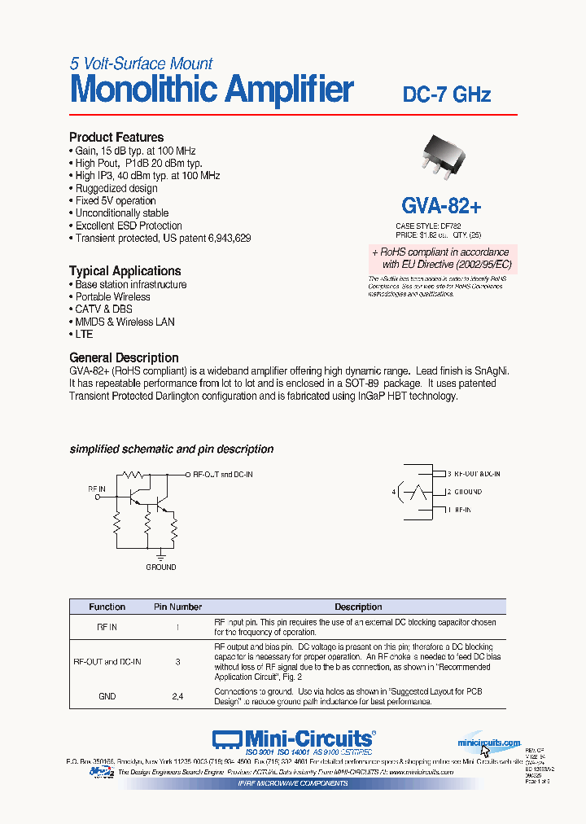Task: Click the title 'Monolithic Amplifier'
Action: coord(212,90)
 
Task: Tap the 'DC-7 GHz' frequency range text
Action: coord(447,94)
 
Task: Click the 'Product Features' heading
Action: coord(116,138)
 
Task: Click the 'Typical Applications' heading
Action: coord(125,271)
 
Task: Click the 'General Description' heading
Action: coord(124,357)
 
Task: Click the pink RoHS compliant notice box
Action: coord(444,259)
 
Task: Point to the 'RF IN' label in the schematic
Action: coord(97,489)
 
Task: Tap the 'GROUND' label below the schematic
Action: coord(160,567)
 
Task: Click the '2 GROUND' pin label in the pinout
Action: coord(463,492)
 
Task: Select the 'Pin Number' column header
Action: coord(177,607)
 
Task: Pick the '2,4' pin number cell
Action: coord(177,696)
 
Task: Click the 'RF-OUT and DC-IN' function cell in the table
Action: coord(107,662)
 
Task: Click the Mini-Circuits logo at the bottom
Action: coord(293,739)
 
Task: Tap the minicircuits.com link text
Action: coord(488,743)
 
